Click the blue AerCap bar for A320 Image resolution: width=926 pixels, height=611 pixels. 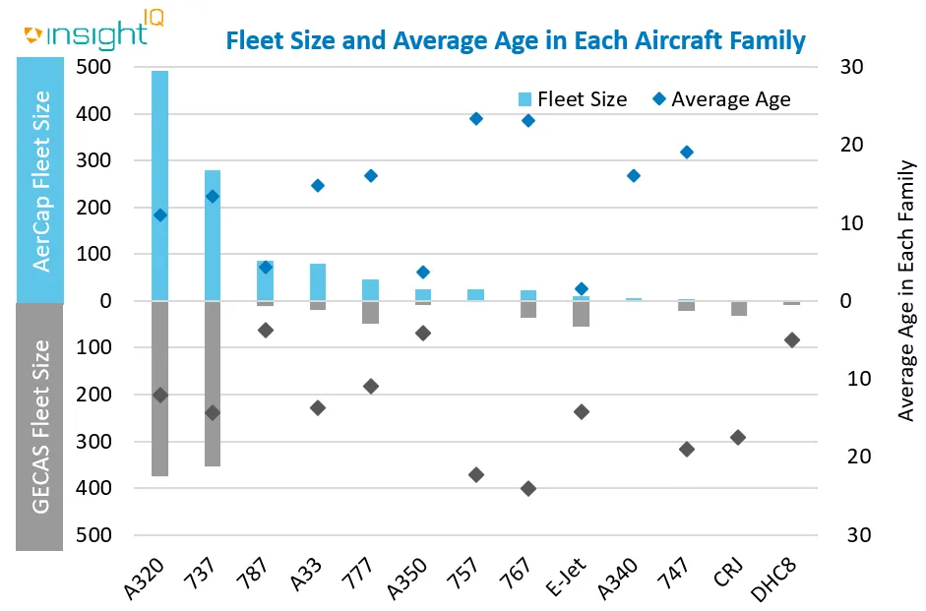[x=159, y=187]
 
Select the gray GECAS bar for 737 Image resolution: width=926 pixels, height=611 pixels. [x=213, y=384]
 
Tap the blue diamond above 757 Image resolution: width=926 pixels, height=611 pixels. [x=476, y=118]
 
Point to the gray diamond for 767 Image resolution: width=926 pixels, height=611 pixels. [x=528, y=488]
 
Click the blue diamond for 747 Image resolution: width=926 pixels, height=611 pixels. [x=687, y=152]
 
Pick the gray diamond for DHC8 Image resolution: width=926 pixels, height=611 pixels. [x=792, y=339]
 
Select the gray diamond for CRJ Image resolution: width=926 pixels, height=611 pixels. [x=739, y=437]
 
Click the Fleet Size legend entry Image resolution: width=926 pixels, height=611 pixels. [x=572, y=98]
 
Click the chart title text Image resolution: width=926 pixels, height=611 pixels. [x=516, y=41]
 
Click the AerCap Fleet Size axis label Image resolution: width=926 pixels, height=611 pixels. [x=41, y=181]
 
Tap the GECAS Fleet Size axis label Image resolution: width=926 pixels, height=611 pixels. [x=41, y=426]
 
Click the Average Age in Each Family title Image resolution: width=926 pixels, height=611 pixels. [x=906, y=291]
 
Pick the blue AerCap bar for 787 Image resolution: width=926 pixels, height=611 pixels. [x=265, y=280]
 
